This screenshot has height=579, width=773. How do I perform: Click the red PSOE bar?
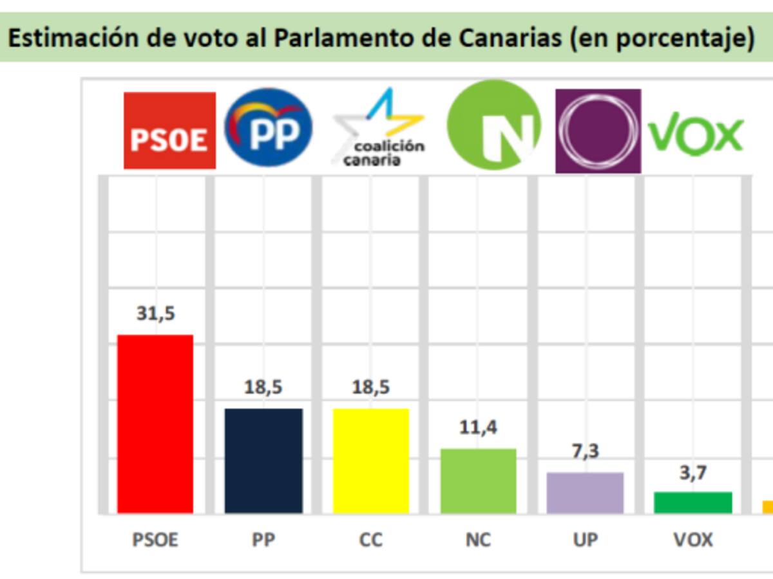(x=155, y=424)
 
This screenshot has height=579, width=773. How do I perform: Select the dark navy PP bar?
(x=263, y=461)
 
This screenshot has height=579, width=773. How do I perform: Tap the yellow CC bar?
(x=371, y=461)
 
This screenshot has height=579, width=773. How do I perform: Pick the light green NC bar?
(x=478, y=481)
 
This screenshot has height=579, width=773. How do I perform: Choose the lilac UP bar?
(x=585, y=493)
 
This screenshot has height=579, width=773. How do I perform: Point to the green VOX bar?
(x=693, y=502)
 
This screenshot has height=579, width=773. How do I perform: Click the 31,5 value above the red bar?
(x=155, y=314)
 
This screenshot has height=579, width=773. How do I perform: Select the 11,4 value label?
(x=478, y=427)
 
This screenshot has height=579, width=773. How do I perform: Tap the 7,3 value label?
(x=585, y=451)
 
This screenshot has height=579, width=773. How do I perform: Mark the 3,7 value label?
(x=693, y=473)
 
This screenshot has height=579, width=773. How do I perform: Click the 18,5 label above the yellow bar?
(x=371, y=387)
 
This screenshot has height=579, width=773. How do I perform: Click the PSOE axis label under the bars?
(x=155, y=539)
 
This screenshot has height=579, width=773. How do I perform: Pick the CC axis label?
(x=371, y=539)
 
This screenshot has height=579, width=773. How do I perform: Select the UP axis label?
(x=585, y=539)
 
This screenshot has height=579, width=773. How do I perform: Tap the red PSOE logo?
(x=169, y=131)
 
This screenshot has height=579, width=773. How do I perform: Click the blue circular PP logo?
(x=269, y=127)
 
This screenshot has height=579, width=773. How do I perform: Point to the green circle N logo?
(x=494, y=125)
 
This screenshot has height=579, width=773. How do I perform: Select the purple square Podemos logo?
(x=598, y=131)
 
